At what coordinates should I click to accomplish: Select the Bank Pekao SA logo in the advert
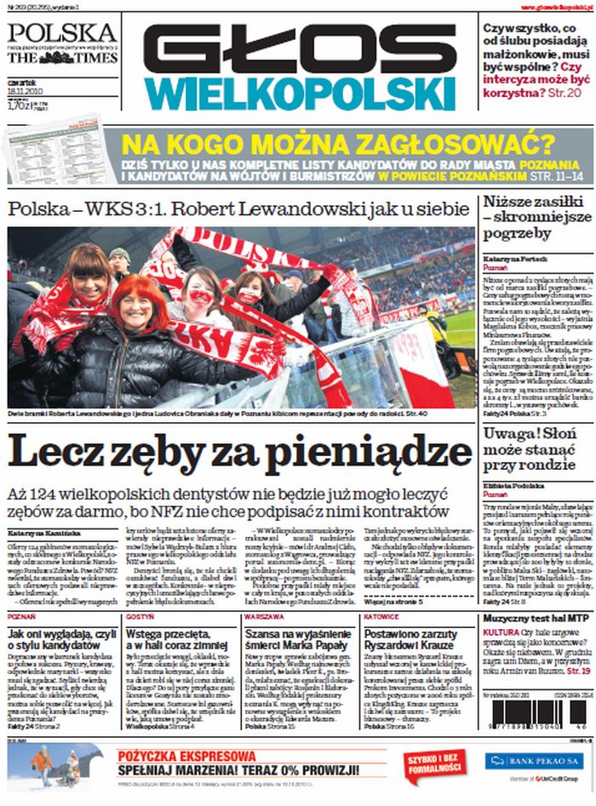[533, 760]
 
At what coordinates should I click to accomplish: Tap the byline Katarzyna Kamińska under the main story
[36, 533]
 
